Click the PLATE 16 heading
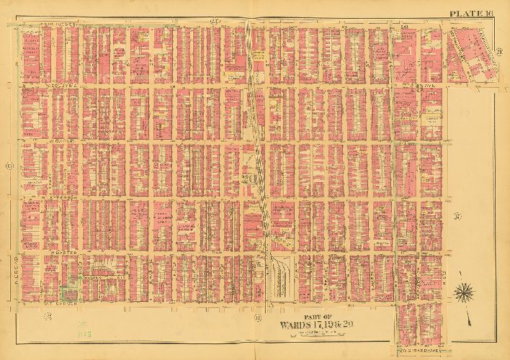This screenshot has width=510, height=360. pyautogui.click(x=471, y=13)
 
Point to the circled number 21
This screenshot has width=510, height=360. pyautogui.click(x=498, y=50)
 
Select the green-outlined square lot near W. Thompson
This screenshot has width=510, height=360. pyautogui.click(x=70, y=294)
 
